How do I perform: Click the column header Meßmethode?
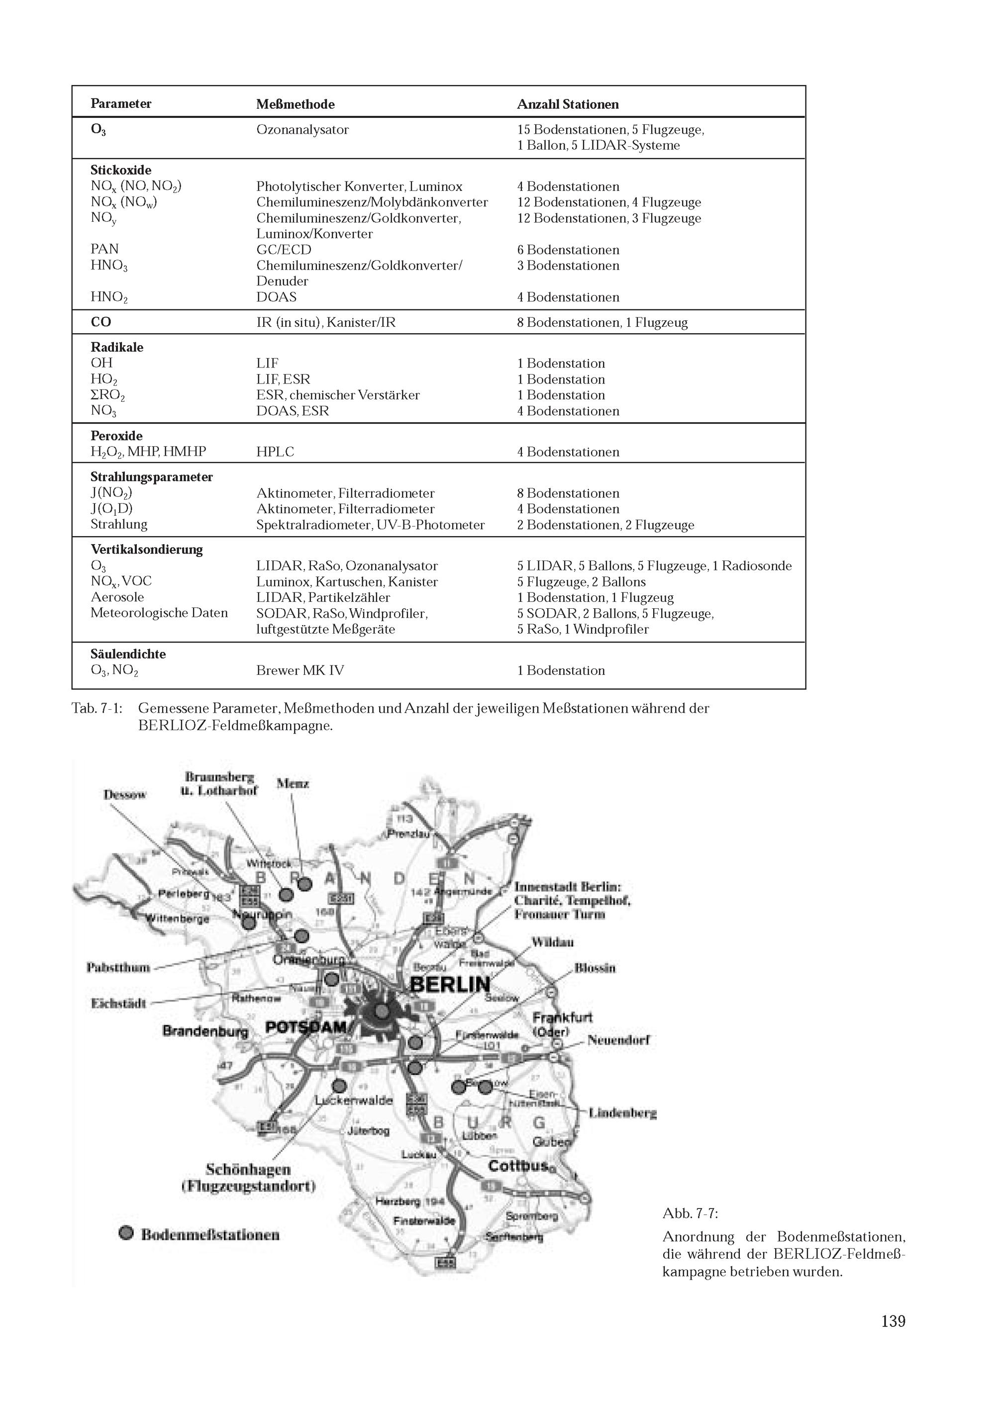(295, 104)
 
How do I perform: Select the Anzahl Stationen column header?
(567, 104)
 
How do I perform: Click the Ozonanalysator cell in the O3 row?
(302, 130)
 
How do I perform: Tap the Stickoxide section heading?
(121, 171)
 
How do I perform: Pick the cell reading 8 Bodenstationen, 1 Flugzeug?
(601, 322)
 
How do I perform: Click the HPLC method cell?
(275, 452)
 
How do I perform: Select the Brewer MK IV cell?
(300, 670)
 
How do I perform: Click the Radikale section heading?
(116, 348)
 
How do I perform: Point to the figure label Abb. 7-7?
(690, 1214)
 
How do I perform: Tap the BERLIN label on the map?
(449, 985)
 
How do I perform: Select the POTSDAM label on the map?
(306, 1027)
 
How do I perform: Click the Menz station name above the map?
(293, 783)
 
